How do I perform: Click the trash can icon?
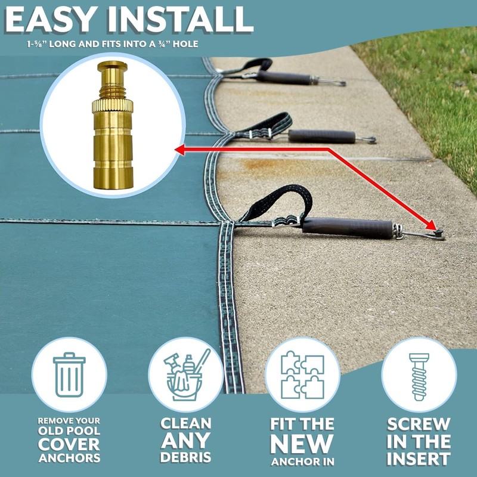(69, 374)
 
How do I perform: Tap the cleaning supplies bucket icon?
(186, 374)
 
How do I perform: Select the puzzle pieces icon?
(302, 374)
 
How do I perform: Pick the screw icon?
(419, 374)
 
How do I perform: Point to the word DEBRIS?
(185, 457)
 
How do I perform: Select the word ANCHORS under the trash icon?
(69, 458)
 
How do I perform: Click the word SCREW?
(418, 425)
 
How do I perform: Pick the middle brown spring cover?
(321, 136)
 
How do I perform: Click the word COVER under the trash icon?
(69, 444)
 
